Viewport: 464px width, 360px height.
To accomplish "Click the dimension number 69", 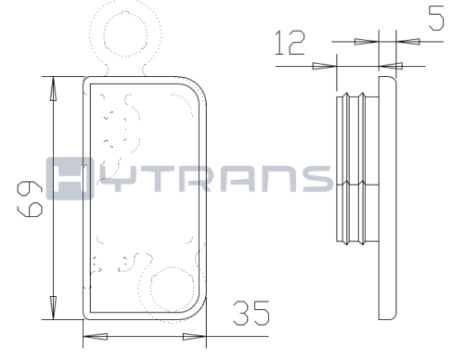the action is click(30, 199).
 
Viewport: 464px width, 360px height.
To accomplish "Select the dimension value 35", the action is click(251, 313).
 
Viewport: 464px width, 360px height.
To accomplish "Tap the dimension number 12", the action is click(290, 43).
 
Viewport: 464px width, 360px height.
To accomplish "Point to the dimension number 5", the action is click(436, 19).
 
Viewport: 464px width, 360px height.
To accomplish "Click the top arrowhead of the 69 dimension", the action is click(53, 88).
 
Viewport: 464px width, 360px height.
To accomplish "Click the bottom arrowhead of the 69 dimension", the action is click(53, 307).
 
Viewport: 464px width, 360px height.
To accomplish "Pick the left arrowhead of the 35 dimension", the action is click(96, 337).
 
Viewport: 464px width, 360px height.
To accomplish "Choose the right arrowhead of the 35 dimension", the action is click(194, 337).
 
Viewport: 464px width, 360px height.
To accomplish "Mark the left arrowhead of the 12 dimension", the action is click(324, 66).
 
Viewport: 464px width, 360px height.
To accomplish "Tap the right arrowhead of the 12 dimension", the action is click(391, 66).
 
